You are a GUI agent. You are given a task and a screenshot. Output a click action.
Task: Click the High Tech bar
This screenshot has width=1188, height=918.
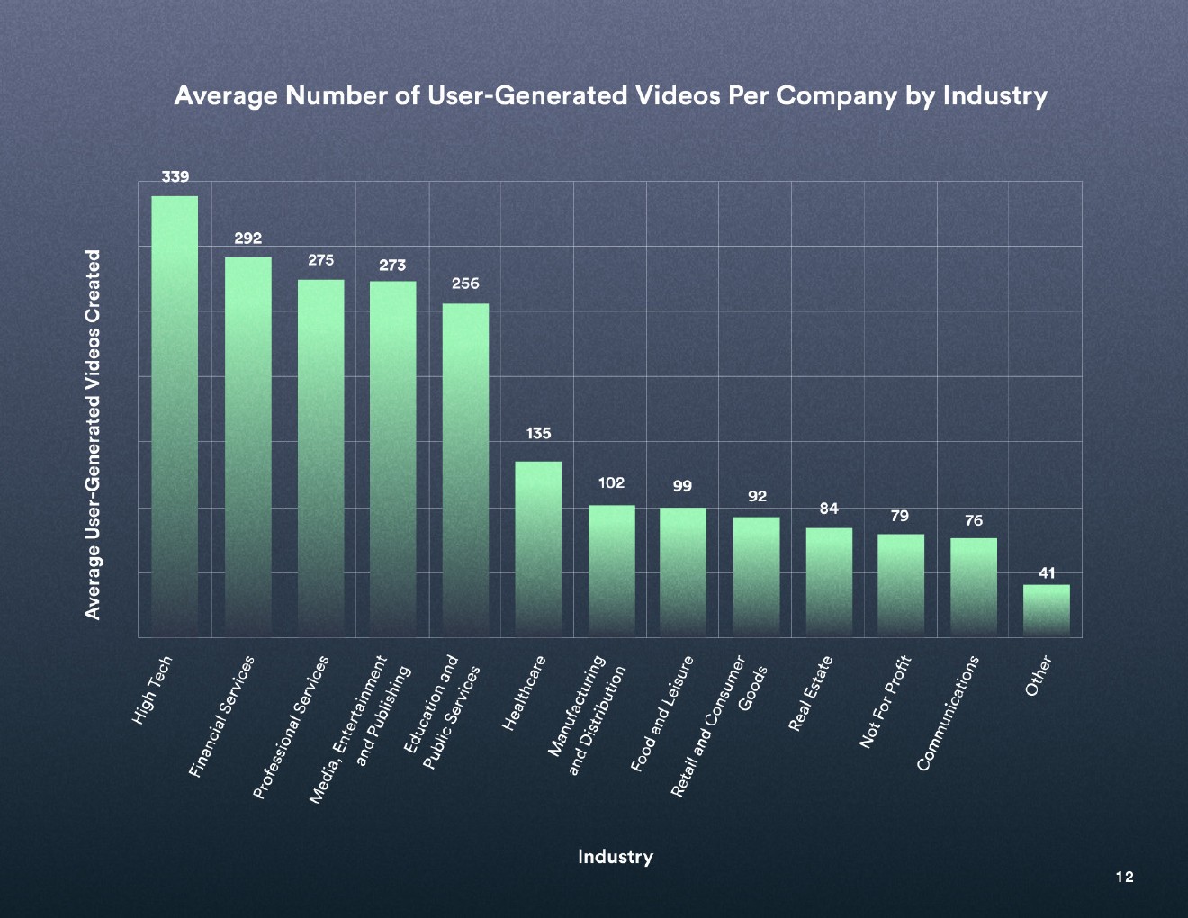click(x=175, y=414)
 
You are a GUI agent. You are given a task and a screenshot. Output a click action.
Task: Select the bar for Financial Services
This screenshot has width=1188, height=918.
click(x=247, y=445)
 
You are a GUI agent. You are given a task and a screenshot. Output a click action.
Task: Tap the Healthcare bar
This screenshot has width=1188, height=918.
click(x=538, y=549)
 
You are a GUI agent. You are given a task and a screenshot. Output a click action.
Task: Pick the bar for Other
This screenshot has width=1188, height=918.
click(x=1046, y=610)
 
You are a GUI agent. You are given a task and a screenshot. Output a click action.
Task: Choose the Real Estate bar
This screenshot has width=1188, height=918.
click(x=829, y=581)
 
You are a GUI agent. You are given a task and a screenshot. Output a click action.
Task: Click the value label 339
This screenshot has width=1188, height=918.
click(x=175, y=177)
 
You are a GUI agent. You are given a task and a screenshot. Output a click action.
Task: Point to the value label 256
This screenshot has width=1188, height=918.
click(x=465, y=283)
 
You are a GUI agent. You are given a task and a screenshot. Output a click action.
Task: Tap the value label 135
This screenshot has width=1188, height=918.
click(x=538, y=434)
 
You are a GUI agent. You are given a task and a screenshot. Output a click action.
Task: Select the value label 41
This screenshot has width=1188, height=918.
click(x=1047, y=572)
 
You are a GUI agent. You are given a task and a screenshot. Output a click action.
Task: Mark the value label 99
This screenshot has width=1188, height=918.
click(x=682, y=486)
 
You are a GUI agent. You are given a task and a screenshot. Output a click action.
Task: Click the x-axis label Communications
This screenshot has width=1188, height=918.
click(x=948, y=714)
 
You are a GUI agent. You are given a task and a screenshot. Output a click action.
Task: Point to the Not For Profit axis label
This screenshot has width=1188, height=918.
click(x=886, y=702)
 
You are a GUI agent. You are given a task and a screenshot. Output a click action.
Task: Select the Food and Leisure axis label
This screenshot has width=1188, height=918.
click(x=662, y=715)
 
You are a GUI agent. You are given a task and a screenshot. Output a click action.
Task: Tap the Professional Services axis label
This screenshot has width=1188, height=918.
click(x=291, y=728)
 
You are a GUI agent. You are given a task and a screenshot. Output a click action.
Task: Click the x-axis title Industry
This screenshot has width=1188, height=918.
click(x=616, y=857)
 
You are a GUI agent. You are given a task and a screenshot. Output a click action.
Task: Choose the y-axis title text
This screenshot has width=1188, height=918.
click(x=93, y=435)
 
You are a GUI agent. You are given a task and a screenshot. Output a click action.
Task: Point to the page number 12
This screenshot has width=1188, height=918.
click(x=1124, y=877)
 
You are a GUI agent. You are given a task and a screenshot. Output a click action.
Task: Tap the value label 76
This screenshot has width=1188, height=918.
click(x=974, y=521)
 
